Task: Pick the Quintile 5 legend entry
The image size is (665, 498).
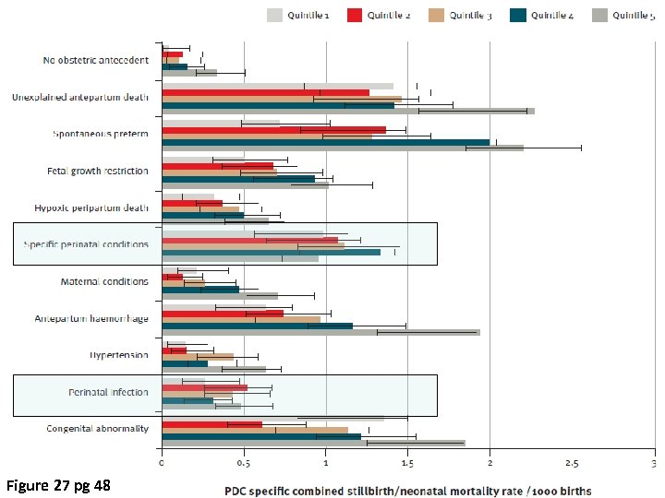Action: point(623,15)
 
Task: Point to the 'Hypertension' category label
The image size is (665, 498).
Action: point(119,355)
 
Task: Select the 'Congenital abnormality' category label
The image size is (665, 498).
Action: point(97,429)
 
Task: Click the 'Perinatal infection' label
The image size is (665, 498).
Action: point(108,392)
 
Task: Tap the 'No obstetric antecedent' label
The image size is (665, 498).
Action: point(95,60)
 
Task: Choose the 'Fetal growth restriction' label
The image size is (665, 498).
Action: point(97,171)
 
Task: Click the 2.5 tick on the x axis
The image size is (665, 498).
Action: point(572,463)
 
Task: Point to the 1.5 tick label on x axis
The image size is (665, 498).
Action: point(407,463)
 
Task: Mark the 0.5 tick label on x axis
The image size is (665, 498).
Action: point(243,463)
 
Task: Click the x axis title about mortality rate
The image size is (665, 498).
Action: point(407,489)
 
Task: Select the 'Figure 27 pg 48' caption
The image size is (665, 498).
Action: point(58,485)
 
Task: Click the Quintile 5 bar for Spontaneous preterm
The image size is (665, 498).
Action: point(342,148)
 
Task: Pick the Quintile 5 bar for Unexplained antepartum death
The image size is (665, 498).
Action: point(347,111)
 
